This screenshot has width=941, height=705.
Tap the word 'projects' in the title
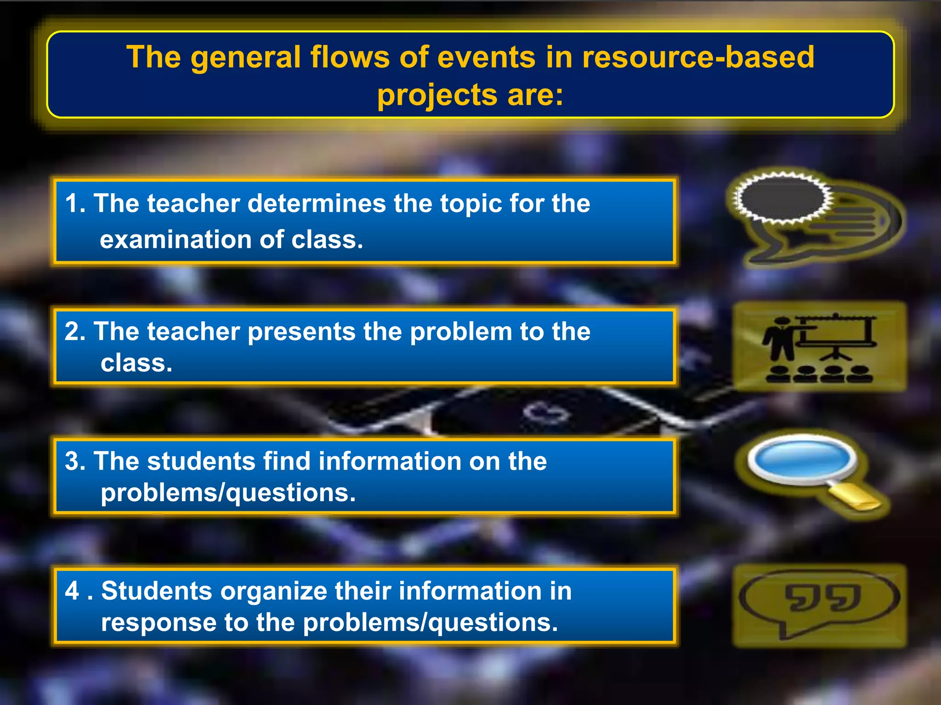437,95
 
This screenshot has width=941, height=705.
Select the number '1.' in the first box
75,203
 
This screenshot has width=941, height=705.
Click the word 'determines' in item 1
317,203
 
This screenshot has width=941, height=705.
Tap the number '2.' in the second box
75,331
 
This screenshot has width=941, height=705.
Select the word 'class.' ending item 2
136,363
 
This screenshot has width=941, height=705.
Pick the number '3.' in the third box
75,461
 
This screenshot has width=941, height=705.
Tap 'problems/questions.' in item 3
228,493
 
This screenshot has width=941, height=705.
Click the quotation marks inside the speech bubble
822,598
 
